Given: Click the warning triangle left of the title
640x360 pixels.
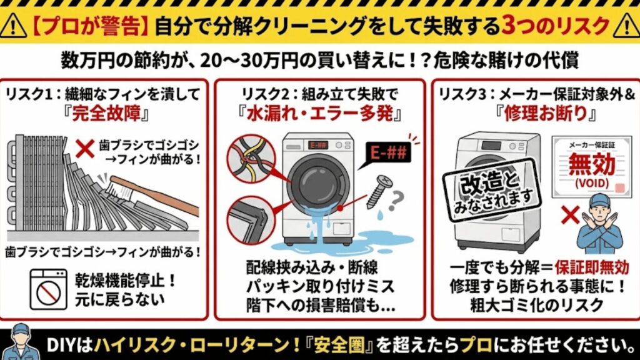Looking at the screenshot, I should (14, 26).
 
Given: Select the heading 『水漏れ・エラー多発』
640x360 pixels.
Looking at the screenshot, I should (320, 117).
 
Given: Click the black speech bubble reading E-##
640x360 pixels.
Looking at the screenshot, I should (386, 152).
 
